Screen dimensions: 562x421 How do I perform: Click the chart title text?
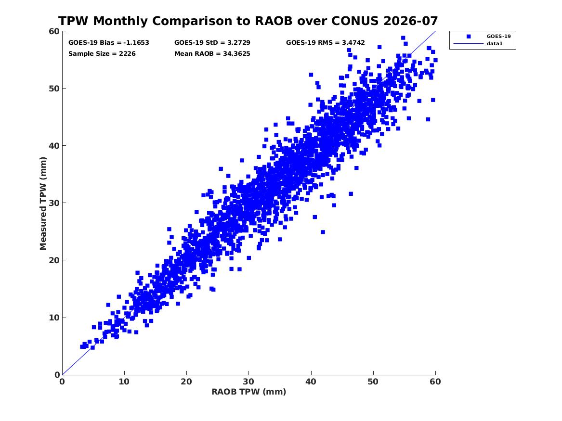pos(248,21)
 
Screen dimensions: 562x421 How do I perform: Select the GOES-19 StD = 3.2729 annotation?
pos(212,43)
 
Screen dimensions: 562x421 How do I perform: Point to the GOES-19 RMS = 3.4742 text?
pos(326,43)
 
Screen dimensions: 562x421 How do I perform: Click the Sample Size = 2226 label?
pos(102,54)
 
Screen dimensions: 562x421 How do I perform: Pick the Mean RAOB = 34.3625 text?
pos(212,54)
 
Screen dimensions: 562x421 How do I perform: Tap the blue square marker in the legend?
pos(469,36)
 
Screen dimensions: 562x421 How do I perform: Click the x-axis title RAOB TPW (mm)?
pos(249,392)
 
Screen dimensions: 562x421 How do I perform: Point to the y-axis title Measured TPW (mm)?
pos(43,204)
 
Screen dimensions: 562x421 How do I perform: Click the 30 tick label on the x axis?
pos(248,382)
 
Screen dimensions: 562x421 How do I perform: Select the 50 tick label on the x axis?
pos(373,382)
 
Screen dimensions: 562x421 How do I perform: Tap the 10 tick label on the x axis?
pos(124,382)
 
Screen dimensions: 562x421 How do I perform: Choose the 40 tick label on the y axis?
pos(54,146)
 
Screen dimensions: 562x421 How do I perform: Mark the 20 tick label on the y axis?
pos(54,260)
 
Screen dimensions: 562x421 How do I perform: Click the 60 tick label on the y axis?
pos(54,31)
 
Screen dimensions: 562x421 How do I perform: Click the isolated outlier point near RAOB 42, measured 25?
pos(323,232)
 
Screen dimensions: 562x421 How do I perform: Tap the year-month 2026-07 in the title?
pos(410,21)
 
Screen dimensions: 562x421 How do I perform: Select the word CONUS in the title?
pos(354,21)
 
